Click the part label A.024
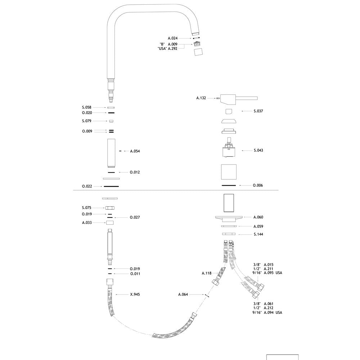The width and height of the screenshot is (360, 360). point(173,39)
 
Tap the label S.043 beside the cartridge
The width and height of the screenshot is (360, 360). point(258,150)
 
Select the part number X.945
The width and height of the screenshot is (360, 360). point(135,294)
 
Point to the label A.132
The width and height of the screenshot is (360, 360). point(201,98)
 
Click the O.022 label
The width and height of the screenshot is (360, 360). point(87,186)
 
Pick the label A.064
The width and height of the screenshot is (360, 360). point(183,294)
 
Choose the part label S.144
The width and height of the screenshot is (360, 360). point(258,234)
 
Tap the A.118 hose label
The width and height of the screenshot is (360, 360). point(207,273)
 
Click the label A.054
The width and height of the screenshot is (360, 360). point(135,151)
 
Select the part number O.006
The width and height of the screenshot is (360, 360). point(258,185)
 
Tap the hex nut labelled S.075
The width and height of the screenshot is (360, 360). point(110,208)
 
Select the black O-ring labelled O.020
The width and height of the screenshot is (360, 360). point(111,113)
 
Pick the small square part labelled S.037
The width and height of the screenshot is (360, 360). point(229,111)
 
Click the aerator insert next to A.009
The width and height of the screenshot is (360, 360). point(197,44)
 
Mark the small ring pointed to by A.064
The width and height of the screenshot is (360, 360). point(207,296)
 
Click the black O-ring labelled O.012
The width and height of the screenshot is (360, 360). point(111,172)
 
